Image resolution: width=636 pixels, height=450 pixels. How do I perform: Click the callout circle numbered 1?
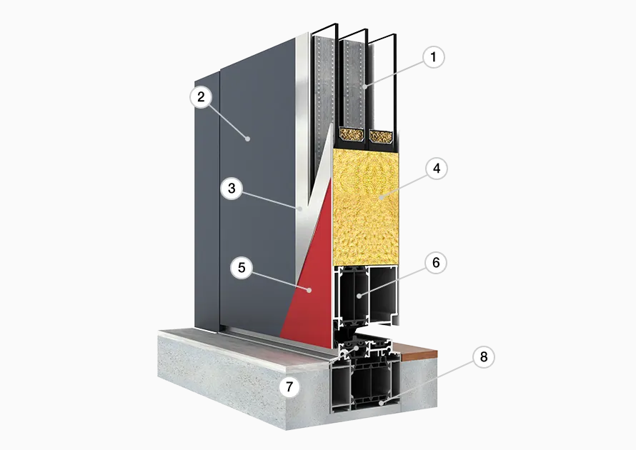click(433, 57)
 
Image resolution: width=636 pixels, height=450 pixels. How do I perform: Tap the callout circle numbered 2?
click(201, 97)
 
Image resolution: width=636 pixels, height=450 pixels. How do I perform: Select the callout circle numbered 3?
click(232, 189)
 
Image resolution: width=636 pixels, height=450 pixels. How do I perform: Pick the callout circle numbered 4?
click(437, 169)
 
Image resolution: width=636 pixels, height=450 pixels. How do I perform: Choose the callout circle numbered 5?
click(242, 268)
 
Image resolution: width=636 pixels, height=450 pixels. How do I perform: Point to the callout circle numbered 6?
click(436, 263)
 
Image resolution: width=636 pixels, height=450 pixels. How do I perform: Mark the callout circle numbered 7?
click(289, 386)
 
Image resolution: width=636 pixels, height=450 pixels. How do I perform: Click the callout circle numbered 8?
click(484, 356)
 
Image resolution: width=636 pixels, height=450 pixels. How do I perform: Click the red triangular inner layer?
click(314, 284)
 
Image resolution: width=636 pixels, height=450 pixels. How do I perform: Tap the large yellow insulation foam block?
click(365, 206)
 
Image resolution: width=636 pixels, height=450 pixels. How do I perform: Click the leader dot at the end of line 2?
click(248, 139)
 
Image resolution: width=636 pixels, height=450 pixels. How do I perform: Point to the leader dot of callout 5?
click(309, 290)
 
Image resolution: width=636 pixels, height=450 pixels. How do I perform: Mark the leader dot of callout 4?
click(381, 197)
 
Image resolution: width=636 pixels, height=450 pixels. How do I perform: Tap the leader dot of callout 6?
click(359, 296)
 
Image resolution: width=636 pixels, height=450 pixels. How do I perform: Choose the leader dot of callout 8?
click(380, 403)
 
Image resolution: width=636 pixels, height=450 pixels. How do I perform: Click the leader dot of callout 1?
click(365, 86)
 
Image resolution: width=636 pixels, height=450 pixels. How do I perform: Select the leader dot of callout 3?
click(299, 209)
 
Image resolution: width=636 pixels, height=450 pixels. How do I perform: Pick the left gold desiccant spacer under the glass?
click(352, 134)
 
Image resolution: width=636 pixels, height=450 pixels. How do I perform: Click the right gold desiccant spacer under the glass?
click(382, 136)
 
